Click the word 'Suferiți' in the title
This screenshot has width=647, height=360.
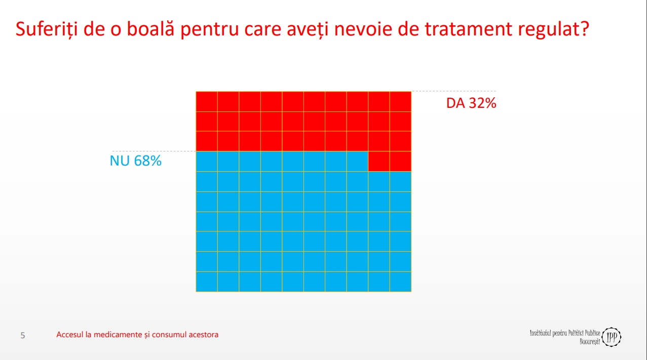click(x=47, y=29)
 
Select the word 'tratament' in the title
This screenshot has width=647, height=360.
click(x=468, y=29)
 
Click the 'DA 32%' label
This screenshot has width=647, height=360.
click(x=471, y=103)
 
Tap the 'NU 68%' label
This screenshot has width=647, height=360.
click(x=135, y=161)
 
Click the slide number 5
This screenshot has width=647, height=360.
click(x=22, y=335)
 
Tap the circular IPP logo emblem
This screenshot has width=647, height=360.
click(x=611, y=337)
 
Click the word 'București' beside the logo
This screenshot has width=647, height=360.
click(x=590, y=342)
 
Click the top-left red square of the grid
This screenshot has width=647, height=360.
click(x=207, y=102)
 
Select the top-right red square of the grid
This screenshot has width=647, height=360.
click(x=400, y=102)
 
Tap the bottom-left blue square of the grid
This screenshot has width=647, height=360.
click(x=207, y=282)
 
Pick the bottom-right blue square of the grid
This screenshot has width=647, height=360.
click(x=400, y=282)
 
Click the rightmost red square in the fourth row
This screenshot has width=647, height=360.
click(x=400, y=162)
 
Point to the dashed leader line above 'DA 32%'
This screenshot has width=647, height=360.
click(x=454, y=91)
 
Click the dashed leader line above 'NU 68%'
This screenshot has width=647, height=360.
click(x=154, y=151)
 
